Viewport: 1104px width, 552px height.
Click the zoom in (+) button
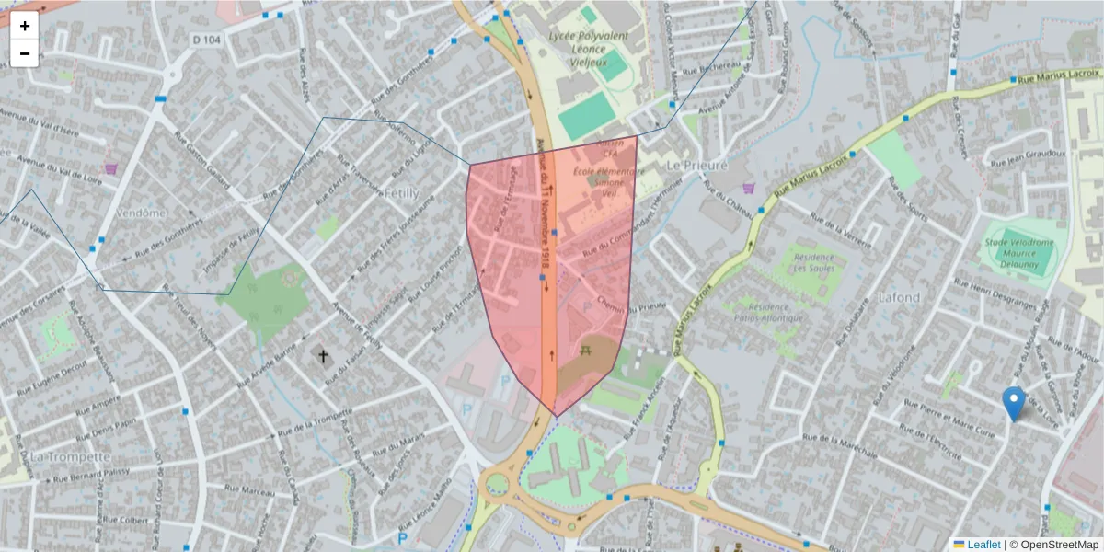(x=25, y=26)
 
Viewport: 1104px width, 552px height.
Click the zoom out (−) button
(x=25, y=53)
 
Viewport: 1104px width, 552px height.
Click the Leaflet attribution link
(x=983, y=545)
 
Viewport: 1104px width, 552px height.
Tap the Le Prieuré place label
(x=696, y=165)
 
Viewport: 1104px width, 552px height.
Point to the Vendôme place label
(x=141, y=212)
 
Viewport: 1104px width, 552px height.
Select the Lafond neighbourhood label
(x=898, y=297)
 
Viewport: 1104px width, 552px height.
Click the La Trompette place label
(x=70, y=456)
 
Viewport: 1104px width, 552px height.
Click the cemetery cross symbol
(x=323, y=355)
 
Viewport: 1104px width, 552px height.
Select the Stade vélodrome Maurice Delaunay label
(x=1019, y=251)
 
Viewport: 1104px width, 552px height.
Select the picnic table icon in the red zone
(x=585, y=350)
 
